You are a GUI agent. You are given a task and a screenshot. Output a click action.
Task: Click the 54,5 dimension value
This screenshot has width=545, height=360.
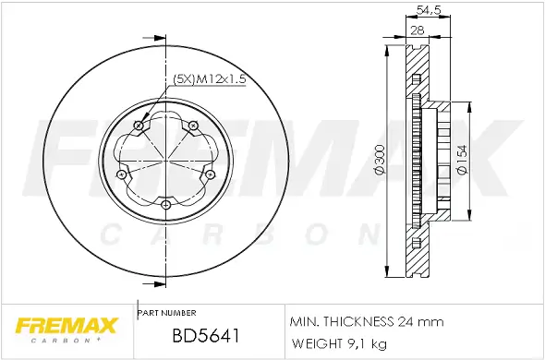[426, 10]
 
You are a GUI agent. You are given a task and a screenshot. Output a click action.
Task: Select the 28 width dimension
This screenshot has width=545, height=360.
[418, 30]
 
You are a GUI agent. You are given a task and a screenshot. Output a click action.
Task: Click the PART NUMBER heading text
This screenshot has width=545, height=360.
[166, 313]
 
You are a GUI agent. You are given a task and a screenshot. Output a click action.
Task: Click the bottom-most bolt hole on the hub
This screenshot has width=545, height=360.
[165, 204]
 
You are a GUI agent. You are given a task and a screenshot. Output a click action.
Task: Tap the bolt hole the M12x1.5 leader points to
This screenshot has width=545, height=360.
[139, 126]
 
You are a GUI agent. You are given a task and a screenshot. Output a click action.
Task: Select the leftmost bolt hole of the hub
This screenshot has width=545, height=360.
[123, 174]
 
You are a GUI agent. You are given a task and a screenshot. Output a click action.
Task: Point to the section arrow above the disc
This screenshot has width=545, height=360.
[159, 38]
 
